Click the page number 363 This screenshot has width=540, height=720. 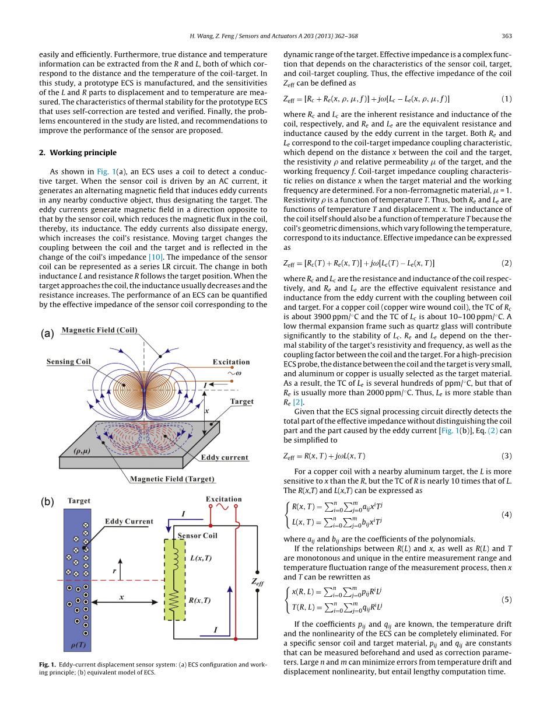coord(506,36)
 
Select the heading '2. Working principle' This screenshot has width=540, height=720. coord(78,153)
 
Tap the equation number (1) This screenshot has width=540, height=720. coord(506,99)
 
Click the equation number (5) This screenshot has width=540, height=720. coord(506,599)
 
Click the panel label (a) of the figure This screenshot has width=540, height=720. coord(47,334)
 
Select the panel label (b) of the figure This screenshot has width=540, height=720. coord(47,502)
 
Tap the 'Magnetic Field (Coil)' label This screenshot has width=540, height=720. coord(99,330)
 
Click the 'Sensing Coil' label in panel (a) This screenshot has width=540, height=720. coord(69,362)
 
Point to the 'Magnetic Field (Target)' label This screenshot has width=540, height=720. coord(172,479)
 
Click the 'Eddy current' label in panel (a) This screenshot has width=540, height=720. coord(225,457)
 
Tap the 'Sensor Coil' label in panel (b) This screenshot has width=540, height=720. coord(197,536)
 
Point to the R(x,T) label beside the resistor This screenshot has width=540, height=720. coord(200,600)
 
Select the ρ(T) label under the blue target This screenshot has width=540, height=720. coord(76,645)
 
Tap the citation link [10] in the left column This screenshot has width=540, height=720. coord(156,257)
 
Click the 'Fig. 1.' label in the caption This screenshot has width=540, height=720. coord(47,665)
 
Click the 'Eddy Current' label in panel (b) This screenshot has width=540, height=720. coord(129,522)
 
